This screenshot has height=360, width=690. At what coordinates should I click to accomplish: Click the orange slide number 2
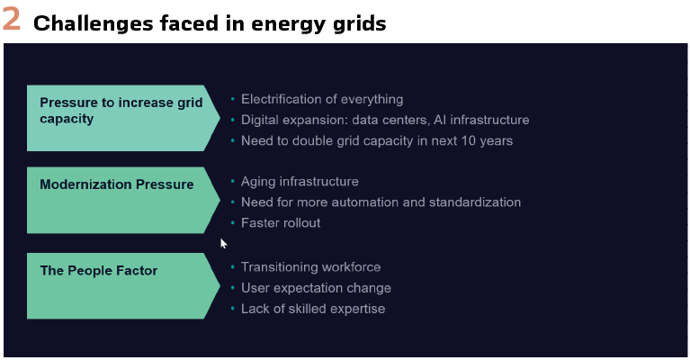(12, 20)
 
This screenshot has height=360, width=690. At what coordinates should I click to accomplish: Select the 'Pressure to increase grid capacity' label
(121, 111)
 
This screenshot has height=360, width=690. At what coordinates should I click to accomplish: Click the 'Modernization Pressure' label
(117, 184)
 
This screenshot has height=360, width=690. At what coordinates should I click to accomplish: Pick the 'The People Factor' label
(99, 270)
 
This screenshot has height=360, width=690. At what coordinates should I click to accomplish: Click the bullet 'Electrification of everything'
(322, 100)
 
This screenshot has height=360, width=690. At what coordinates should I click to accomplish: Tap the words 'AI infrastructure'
(481, 120)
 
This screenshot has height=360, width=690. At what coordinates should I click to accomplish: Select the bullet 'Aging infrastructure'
(300, 182)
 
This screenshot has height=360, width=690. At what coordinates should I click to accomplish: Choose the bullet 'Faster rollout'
(281, 222)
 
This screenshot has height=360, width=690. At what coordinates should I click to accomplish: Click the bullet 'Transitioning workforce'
(311, 267)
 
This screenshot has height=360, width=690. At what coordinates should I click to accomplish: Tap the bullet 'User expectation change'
(316, 288)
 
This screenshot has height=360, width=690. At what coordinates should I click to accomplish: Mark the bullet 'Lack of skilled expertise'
(313, 309)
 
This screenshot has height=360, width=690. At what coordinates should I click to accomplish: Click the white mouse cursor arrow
(223, 243)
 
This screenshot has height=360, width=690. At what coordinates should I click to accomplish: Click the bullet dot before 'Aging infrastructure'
(232, 181)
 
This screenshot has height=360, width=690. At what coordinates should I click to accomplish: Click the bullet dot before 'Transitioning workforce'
(232, 266)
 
